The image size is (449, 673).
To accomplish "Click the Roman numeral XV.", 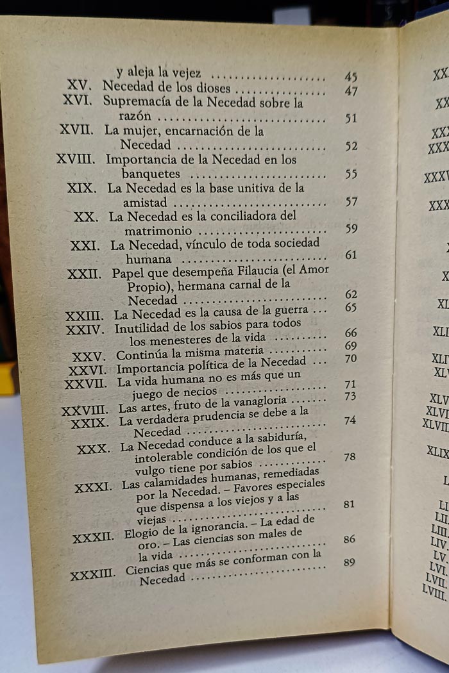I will pos(81,86).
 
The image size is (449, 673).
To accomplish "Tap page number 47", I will pos(351,91).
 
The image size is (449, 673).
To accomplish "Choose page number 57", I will pos(351,202).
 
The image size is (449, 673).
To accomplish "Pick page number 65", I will pos(350,307).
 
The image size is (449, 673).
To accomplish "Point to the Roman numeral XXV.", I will pos(89,356).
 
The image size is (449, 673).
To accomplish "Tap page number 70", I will pos(350,358).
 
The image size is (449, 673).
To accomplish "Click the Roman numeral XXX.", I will pos(93,449).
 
